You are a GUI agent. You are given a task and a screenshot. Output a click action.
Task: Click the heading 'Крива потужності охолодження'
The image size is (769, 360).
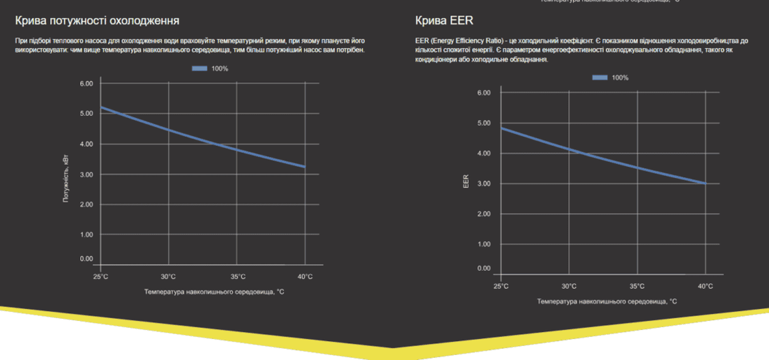(97, 21)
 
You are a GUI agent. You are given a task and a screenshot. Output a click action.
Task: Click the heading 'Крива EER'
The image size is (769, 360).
(444, 21)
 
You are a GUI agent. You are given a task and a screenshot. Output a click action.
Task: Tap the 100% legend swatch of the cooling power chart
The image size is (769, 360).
(199, 68)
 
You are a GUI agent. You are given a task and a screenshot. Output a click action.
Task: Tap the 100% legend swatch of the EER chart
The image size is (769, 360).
(600, 77)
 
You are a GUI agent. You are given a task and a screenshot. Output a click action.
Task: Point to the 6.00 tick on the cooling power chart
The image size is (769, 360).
(86, 83)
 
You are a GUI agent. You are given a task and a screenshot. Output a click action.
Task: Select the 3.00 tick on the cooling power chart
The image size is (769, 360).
(86, 174)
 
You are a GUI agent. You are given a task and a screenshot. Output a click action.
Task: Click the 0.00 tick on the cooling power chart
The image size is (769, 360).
(86, 259)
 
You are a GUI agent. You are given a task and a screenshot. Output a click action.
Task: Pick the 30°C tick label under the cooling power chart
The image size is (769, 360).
(169, 277)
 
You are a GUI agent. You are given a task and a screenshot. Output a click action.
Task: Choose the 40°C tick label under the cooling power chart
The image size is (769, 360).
(304, 277)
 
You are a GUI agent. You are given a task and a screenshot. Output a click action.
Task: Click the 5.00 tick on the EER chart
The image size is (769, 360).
(483, 123)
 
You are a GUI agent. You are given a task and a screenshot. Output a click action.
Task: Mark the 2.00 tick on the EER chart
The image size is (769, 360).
(483, 214)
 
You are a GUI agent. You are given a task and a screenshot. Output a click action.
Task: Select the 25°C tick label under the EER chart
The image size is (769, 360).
(501, 286)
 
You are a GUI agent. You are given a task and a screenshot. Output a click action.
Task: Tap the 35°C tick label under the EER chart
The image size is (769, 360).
(637, 286)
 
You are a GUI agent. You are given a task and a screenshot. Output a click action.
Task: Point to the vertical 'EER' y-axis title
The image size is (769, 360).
(466, 182)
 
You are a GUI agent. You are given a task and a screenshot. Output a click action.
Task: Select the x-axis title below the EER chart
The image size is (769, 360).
(607, 301)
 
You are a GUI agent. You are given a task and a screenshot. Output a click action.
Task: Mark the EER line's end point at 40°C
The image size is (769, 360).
(705, 183)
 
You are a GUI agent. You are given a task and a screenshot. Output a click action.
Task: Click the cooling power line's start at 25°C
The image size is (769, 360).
(101, 107)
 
